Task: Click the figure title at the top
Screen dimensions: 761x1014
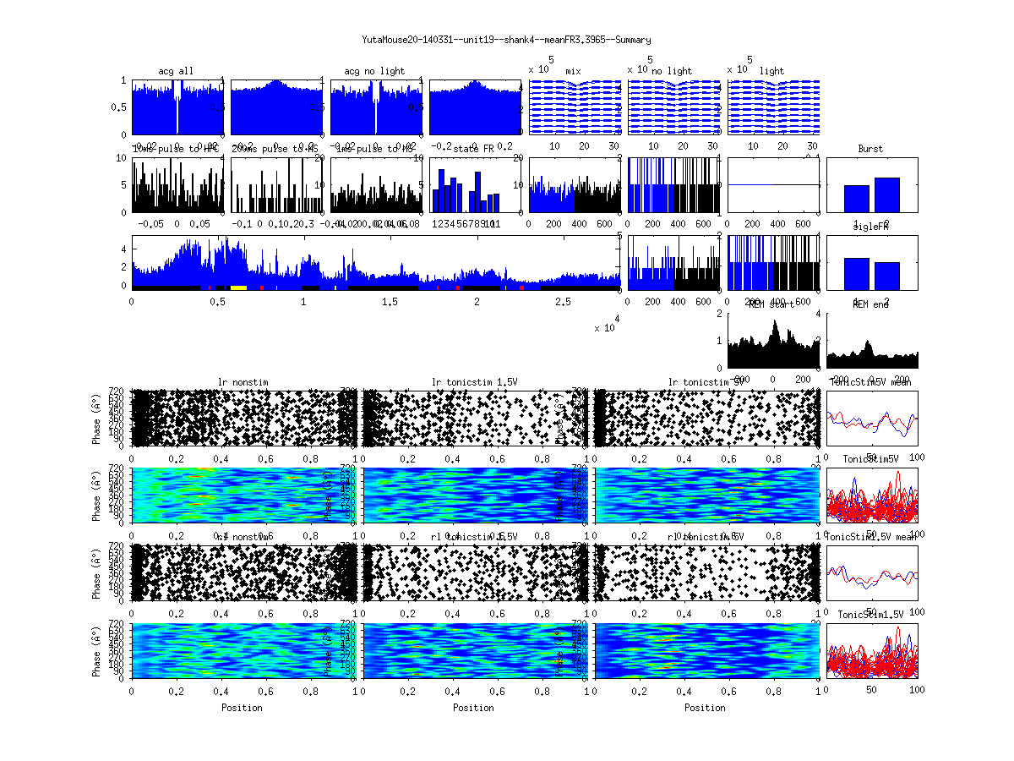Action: tap(506, 40)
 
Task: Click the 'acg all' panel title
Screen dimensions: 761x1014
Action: tap(176, 71)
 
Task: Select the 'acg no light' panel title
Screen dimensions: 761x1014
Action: tap(374, 71)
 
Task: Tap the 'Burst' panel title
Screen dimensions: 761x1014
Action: tap(870, 149)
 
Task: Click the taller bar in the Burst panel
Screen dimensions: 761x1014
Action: tap(887, 194)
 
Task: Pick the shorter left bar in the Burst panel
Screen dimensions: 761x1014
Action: tap(857, 199)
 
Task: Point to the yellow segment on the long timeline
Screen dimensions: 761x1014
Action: tap(238, 287)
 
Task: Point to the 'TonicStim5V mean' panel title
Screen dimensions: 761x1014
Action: tap(870, 382)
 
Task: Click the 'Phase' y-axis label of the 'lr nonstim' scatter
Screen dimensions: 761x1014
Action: tap(96, 418)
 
